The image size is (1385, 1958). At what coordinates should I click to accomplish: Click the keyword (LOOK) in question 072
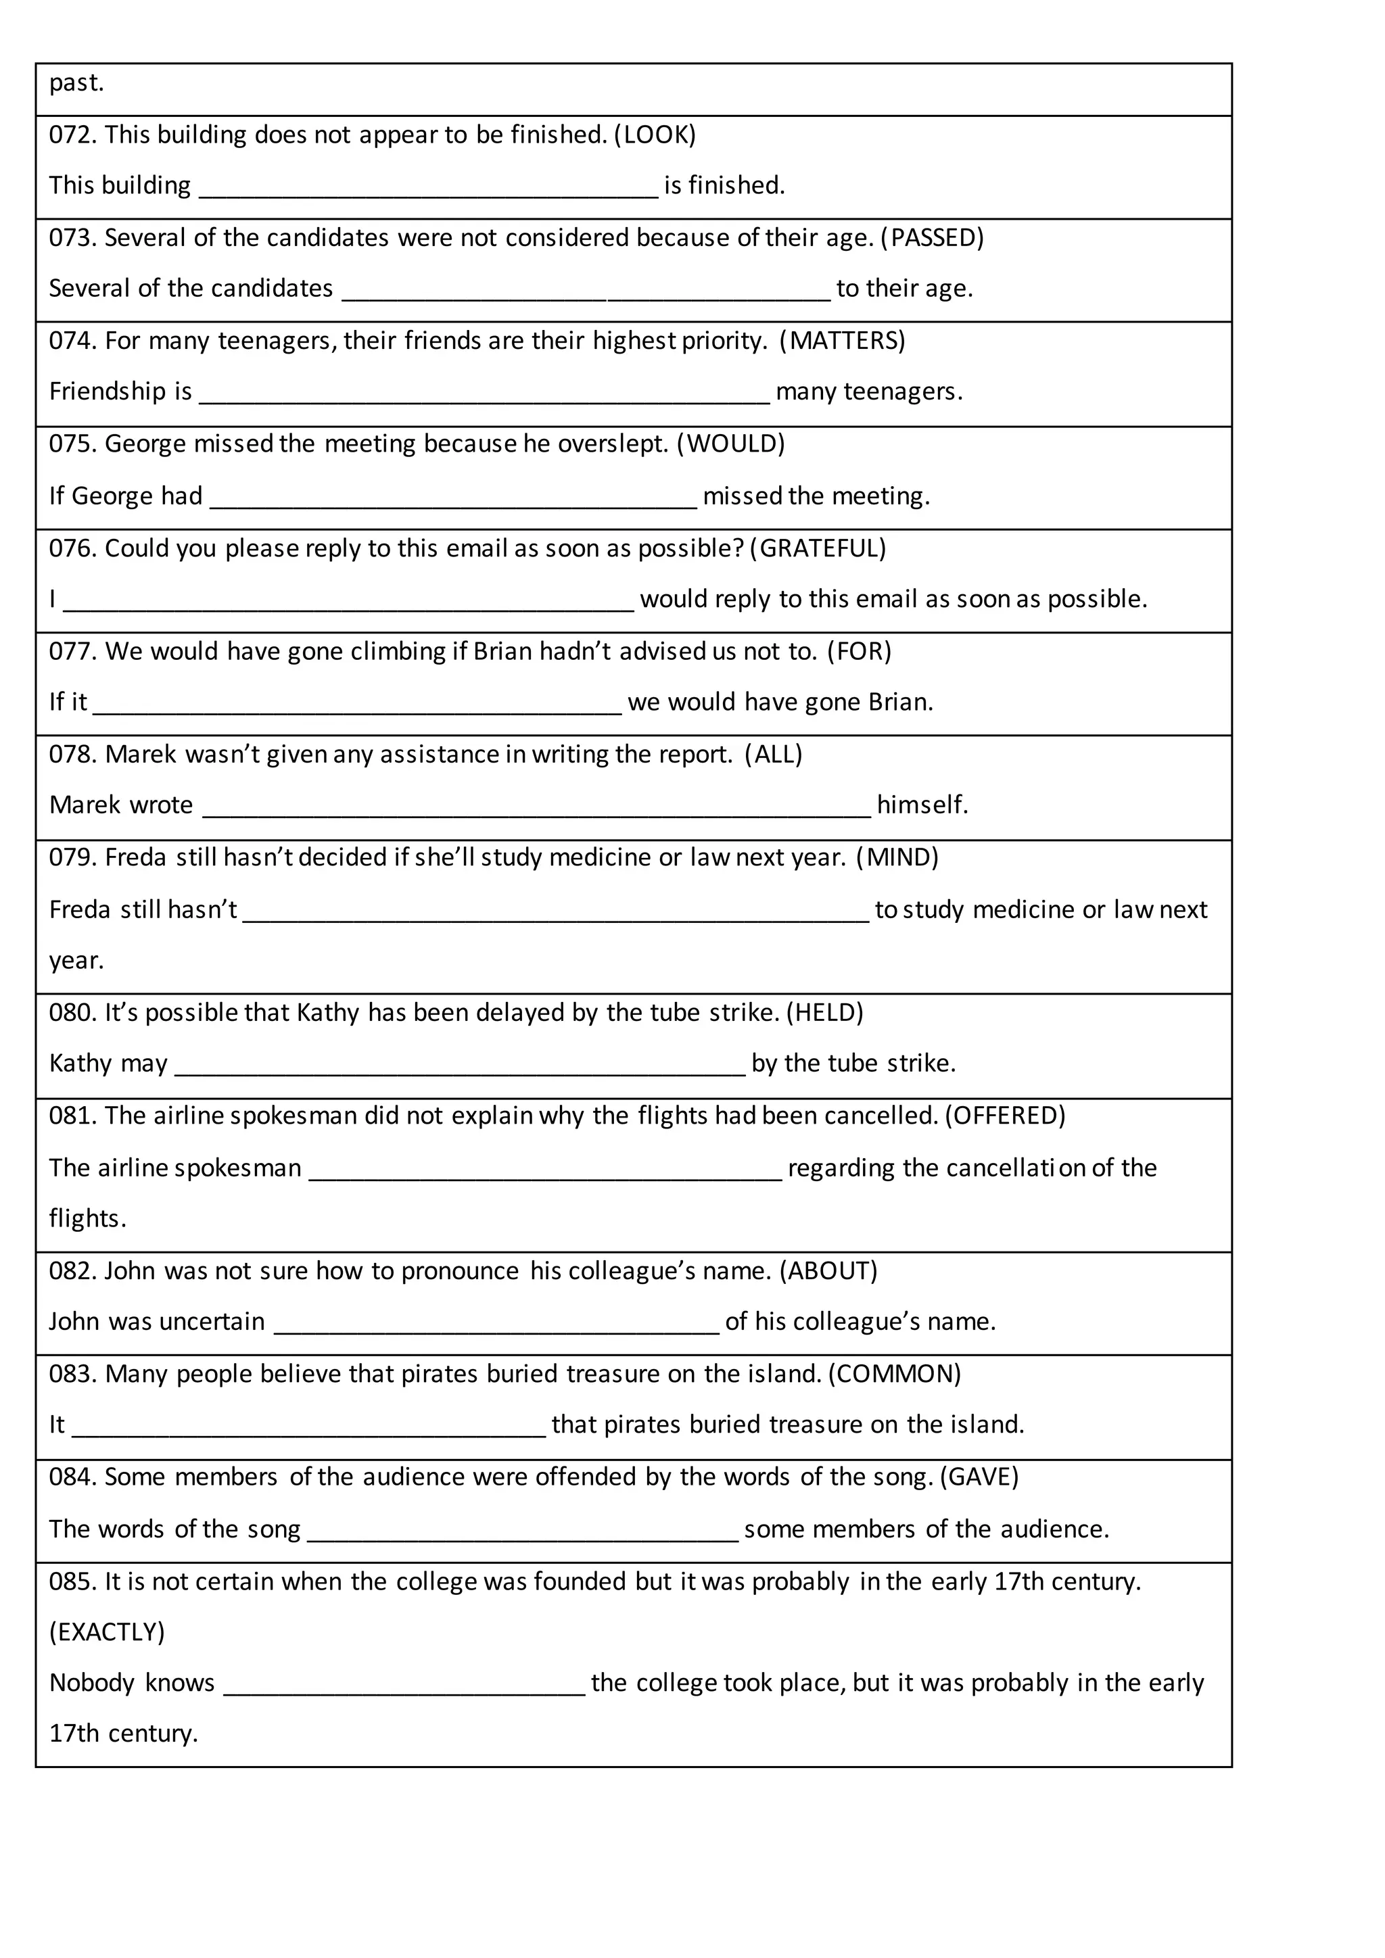[655, 135]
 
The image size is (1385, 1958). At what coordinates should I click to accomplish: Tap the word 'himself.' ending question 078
[922, 805]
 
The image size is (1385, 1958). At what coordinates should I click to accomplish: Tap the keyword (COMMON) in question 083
[895, 1374]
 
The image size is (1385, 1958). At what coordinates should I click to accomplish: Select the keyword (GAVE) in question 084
[979, 1477]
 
